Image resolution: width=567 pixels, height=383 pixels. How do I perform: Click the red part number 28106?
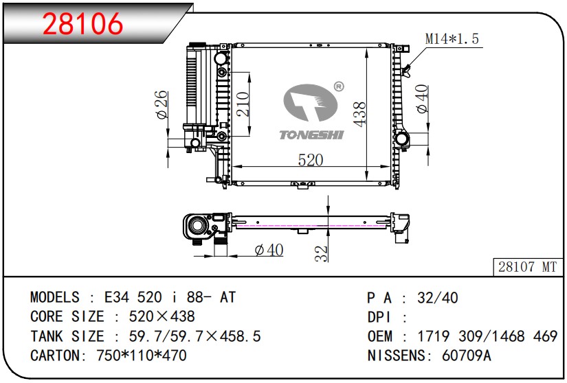[x=82, y=23]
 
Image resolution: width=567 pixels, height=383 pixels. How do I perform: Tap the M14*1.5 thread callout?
[x=452, y=38]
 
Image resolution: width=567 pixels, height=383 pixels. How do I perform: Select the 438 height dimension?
[x=360, y=114]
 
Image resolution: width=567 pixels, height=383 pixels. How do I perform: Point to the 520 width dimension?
[x=311, y=160]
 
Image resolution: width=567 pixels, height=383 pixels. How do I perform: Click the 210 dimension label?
[x=243, y=104]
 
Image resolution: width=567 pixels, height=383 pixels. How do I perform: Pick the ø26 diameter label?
[x=162, y=105]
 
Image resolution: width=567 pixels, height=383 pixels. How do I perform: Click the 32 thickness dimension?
[x=321, y=253]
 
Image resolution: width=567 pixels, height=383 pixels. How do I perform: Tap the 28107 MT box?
[x=528, y=267]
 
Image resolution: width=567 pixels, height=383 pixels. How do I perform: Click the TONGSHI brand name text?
[x=311, y=135]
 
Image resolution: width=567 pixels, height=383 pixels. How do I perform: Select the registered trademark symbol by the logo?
[x=338, y=86]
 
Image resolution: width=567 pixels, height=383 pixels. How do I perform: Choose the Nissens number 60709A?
[x=467, y=356]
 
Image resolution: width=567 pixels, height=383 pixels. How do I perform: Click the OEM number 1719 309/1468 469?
[x=487, y=336]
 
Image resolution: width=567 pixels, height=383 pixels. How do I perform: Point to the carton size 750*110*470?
[x=142, y=356]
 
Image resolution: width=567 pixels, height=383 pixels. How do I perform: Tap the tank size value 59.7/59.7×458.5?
[x=195, y=336]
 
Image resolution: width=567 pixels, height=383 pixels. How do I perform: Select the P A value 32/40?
[x=438, y=298]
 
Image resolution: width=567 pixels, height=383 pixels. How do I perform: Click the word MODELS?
[x=54, y=297]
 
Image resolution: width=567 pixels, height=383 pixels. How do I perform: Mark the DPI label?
[x=379, y=317]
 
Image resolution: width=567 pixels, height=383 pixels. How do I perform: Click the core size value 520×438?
[x=162, y=316]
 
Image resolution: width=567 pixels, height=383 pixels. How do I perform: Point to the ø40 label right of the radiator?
[x=421, y=99]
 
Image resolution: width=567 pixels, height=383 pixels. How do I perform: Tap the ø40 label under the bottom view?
[x=269, y=250]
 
